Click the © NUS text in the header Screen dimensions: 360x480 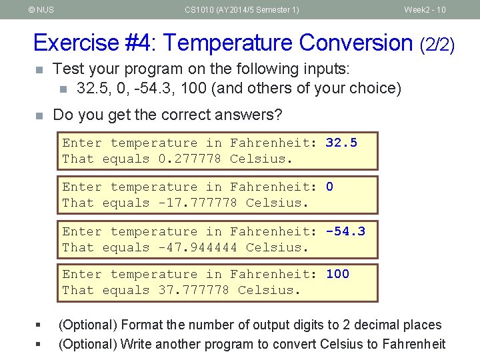[41, 9]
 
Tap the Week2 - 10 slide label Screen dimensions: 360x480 [425, 9]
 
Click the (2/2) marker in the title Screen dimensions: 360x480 [437, 45]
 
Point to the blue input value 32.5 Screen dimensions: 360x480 [341, 143]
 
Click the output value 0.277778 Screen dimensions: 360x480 [190, 159]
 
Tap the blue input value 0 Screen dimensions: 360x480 [329, 187]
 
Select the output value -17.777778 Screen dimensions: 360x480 [198, 203]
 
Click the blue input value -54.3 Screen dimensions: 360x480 [345, 231]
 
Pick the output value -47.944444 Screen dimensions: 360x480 [198, 247]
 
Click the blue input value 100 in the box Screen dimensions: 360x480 [337, 274]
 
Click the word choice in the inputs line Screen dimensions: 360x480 [375, 88]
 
